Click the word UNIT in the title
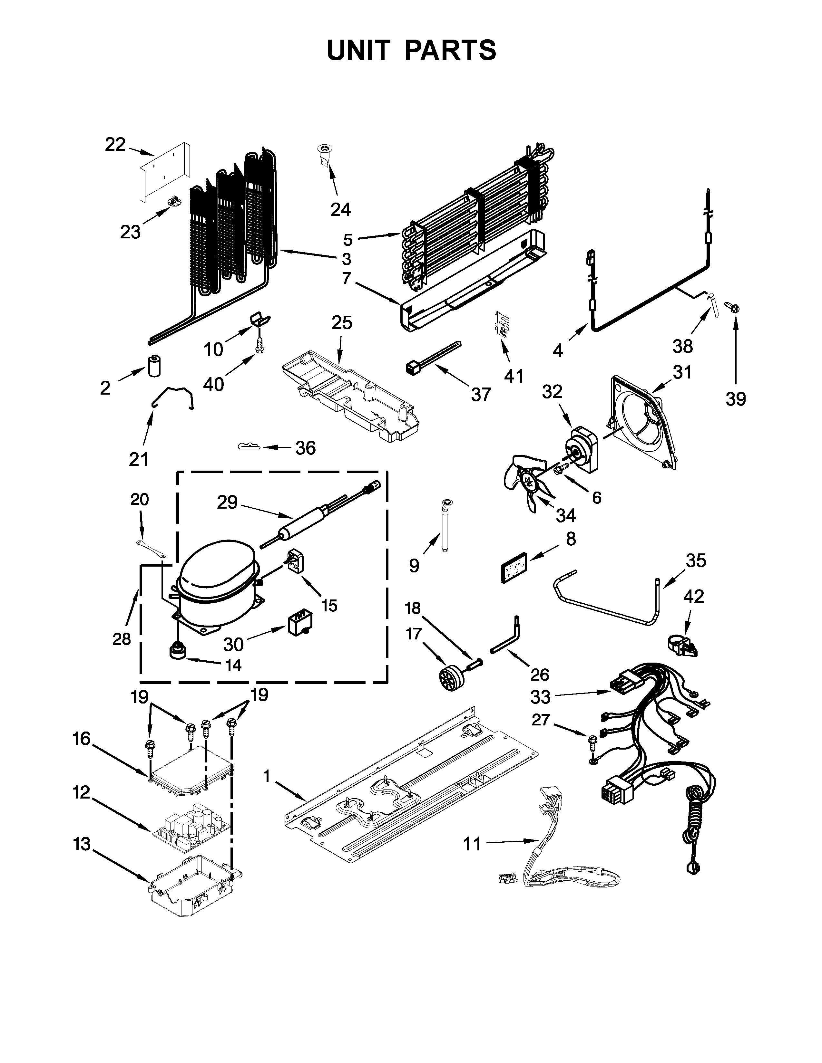click(x=359, y=50)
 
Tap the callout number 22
click(x=115, y=145)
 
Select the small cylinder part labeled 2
click(x=154, y=366)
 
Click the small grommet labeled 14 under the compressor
click(x=178, y=650)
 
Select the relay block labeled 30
click(x=299, y=624)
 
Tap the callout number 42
click(x=694, y=596)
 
